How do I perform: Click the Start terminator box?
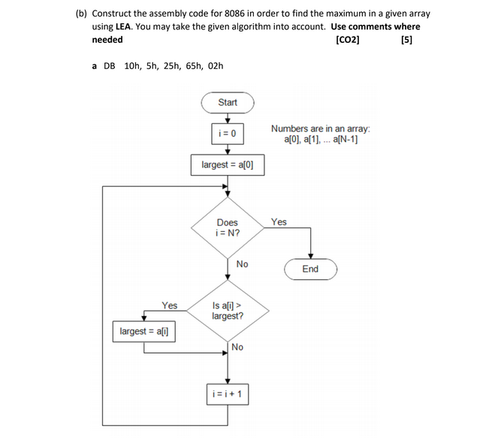pyautogui.click(x=228, y=103)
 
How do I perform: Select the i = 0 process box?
pyautogui.click(x=228, y=134)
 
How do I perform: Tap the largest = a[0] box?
pyautogui.click(x=228, y=164)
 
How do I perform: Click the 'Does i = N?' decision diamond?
pyautogui.click(x=228, y=228)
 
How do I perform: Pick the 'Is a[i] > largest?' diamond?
pyautogui.click(x=228, y=311)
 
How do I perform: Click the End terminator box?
pyautogui.click(x=310, y=269)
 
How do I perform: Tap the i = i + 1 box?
pyautogui.click(x=228, y=393)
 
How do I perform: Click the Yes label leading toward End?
pyautogui.click(x=279, y=222)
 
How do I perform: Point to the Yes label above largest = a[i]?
pyautogui.click(x=170, y=306)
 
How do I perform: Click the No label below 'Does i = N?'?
pyautogui.click(x=242, y=264)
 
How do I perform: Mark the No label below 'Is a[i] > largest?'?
pyautogui.click(x=237, y=347)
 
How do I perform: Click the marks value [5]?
pyautogui.click(x=406, y=40)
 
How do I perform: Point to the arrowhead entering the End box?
pyautogui.click(x=310, y=256)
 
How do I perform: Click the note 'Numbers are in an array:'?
pyautogui.click(x=320, y=128)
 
